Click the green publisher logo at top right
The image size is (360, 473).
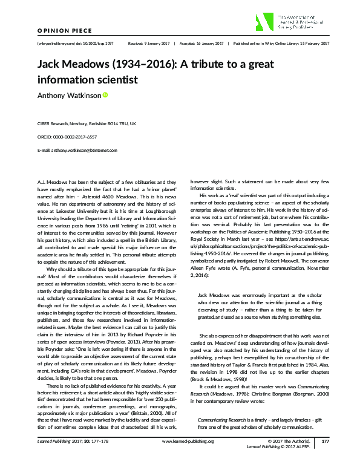265,22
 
